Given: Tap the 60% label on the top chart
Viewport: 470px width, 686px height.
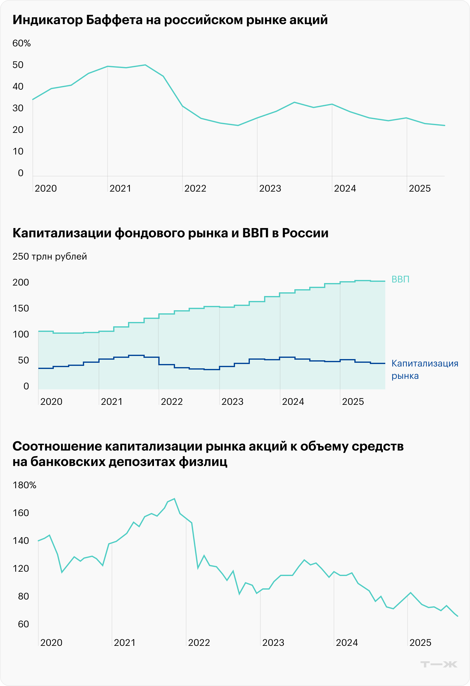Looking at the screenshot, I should (21, 43).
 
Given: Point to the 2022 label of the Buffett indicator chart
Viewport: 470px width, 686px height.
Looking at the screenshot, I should (195, 188).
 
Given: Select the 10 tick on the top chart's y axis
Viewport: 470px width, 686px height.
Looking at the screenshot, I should (18, 151).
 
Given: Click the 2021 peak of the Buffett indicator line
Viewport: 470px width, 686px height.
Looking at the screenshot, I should (145, 65).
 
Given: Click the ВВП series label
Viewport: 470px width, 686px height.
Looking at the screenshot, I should (400, 279).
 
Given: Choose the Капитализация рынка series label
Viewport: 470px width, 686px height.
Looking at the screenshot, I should (425, 370).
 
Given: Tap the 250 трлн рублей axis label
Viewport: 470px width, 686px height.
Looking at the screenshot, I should (49, 256).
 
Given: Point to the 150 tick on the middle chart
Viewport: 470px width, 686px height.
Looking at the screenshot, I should (21, 308).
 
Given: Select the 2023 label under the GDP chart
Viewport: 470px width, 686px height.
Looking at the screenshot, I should (233, 402).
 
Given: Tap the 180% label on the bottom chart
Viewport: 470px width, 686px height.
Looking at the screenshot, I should (24, 485).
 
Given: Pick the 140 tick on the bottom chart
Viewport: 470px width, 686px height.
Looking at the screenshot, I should (21, 541).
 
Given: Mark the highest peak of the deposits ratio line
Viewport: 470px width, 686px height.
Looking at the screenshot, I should (174, 498).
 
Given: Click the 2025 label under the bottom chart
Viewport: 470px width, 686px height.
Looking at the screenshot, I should (420, 643).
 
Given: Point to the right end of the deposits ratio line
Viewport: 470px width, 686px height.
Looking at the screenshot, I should (458, 616).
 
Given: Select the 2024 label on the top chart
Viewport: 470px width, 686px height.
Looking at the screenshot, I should (345, 188).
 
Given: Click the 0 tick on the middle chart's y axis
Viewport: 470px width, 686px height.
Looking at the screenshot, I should (26, 386).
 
